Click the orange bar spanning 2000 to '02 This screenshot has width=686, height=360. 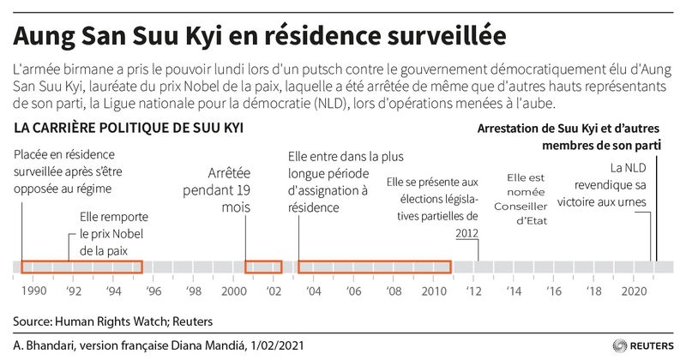click(x=263, y=267)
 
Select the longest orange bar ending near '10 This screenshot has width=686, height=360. click(x=375, y=267)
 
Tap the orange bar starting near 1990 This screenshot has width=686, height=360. click(x=81, y=267)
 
